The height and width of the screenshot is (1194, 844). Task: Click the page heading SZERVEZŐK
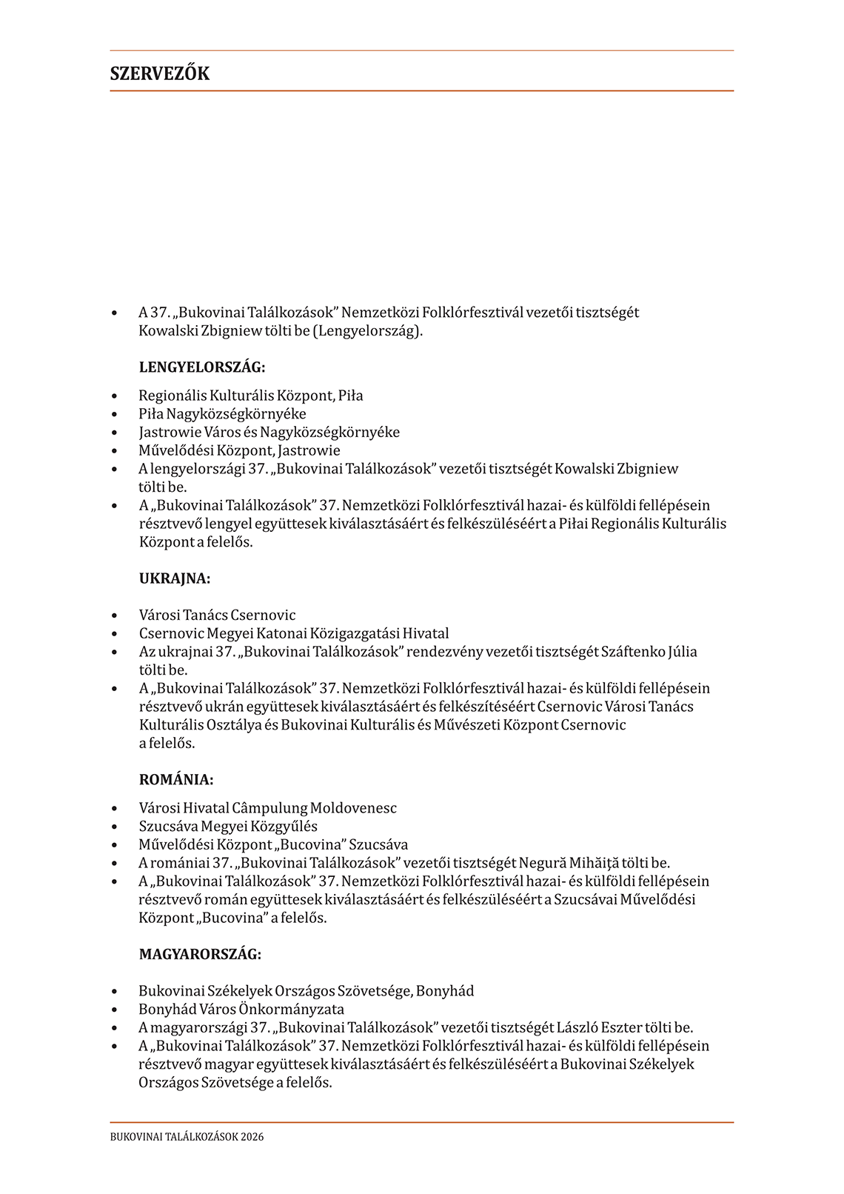160,73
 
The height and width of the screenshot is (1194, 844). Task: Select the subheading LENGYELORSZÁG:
202,367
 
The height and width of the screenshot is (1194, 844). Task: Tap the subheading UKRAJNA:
175,578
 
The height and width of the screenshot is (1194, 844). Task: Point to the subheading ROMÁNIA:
176,779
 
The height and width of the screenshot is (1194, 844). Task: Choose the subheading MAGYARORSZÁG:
200,954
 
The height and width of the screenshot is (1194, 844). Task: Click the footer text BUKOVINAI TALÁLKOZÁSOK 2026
187,1137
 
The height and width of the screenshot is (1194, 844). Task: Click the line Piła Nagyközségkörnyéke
222,414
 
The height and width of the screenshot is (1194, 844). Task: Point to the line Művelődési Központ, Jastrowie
239,450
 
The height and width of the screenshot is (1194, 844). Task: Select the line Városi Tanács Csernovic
217,615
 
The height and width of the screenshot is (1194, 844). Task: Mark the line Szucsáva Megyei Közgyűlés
228,826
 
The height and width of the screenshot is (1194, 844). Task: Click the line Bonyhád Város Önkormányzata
241,1009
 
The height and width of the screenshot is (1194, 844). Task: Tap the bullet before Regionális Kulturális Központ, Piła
114,396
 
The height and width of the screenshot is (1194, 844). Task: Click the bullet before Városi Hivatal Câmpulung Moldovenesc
114,808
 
